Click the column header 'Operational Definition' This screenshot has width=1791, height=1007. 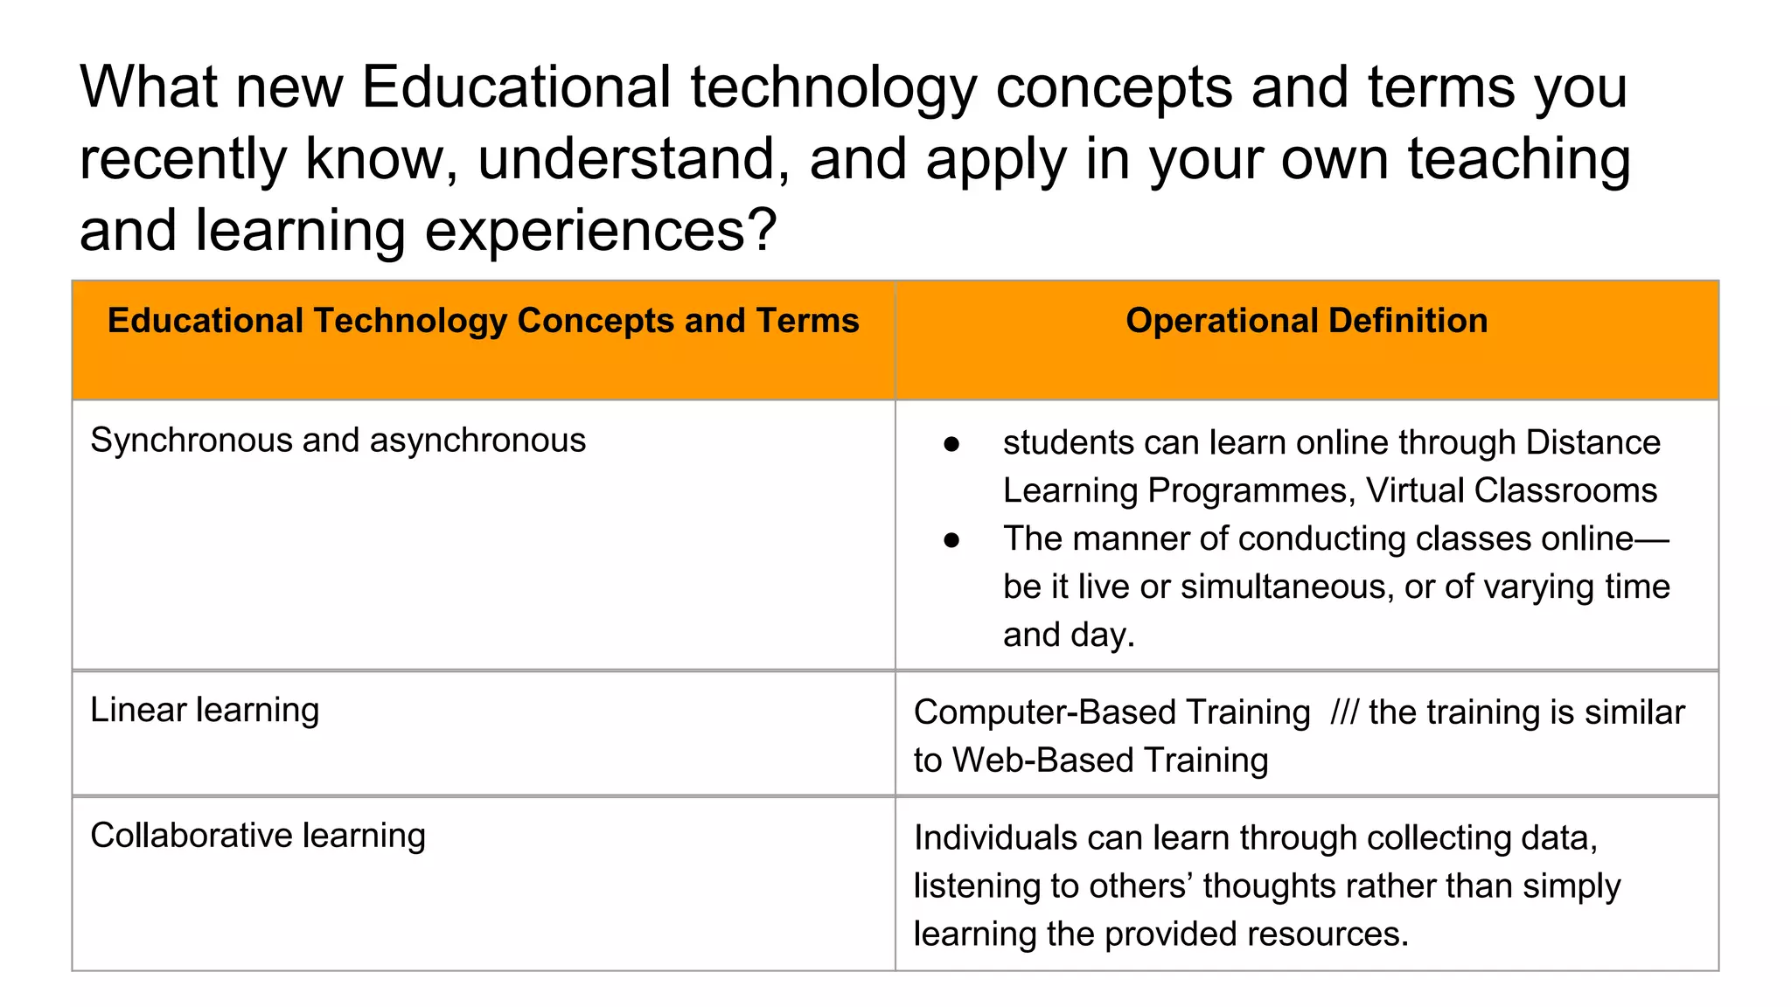click(1307, 321)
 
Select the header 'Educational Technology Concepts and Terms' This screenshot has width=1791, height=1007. click(483, 321)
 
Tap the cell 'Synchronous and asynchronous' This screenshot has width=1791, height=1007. click(338, 440)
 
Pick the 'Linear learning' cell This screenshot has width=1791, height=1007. click(205, 710)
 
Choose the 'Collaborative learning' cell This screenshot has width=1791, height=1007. click(258, 836)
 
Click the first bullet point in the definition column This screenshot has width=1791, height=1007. click(951, 444)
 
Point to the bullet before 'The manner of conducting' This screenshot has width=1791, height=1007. click(951, 540)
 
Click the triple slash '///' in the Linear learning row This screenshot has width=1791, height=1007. click(1344, 712)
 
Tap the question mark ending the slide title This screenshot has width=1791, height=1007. click(762, 230)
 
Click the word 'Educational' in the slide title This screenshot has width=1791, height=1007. click(516, 87)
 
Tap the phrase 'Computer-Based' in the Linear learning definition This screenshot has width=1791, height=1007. click(1112, 712)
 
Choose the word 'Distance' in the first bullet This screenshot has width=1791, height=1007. click(1592, 442)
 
